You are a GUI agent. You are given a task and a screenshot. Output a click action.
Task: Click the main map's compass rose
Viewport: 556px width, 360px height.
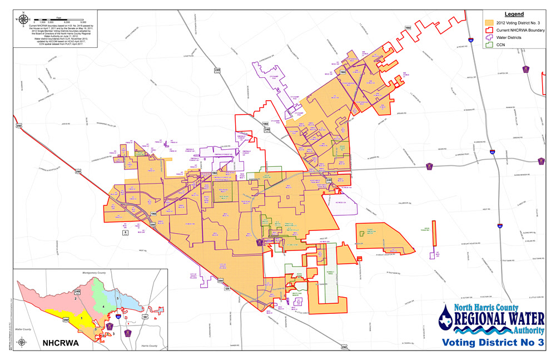pos(22,18)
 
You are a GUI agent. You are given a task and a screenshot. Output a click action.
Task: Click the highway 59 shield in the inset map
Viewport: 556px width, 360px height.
pos(145,317)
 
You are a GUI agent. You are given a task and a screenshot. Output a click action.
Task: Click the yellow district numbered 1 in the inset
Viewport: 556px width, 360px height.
pos(82,317)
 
